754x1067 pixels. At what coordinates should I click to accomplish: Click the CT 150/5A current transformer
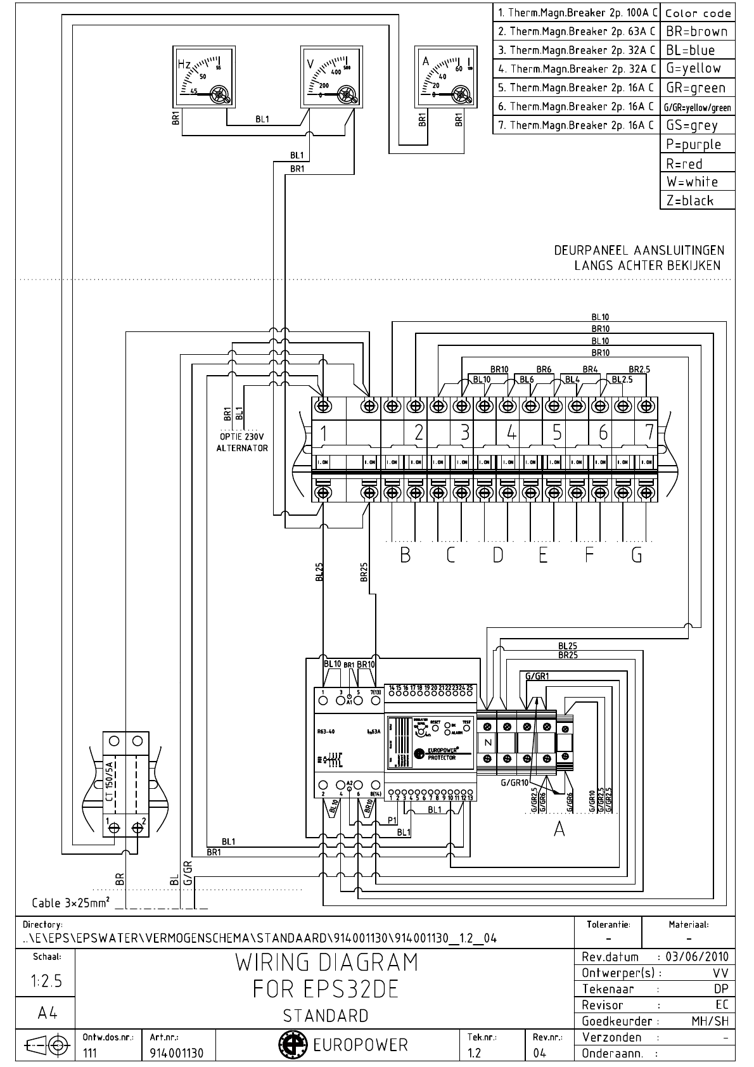click(125, 784)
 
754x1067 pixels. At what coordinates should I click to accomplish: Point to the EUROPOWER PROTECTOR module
click(430, 744)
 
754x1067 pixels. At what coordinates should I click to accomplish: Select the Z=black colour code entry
click(697, 201)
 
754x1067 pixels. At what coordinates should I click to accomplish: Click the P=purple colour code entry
click(697, 144)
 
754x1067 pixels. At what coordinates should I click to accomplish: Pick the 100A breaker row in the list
click(576, 13)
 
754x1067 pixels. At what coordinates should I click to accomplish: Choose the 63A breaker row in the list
click(576, 31)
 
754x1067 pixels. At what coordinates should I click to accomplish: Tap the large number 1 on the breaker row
click(324, 433)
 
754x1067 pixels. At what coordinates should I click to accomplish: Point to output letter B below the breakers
click(405, 556)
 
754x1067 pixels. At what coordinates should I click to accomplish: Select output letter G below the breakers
click(636, 556)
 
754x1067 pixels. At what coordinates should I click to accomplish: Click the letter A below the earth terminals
click(559, 828)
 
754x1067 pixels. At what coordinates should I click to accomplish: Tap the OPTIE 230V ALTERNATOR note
click(244, 442)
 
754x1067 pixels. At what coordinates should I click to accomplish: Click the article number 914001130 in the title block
click(177, 1053)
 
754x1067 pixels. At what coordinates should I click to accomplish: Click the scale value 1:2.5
click(46, 981)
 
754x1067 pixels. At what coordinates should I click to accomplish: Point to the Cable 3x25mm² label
click(70, 902)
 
